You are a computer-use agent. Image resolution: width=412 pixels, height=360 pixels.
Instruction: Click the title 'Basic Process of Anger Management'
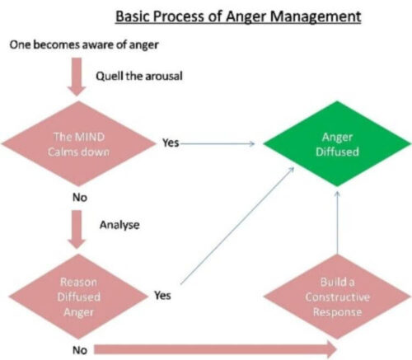[238, 16]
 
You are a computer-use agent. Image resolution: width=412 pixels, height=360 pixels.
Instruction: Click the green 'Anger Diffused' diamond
[335, 143]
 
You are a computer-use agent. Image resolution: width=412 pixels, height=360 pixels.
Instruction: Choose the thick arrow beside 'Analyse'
[75, 228]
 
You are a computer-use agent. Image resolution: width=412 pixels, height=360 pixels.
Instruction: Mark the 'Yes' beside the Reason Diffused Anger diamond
[162, 295]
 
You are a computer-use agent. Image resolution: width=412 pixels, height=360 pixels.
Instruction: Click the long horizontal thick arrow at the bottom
[214, 348]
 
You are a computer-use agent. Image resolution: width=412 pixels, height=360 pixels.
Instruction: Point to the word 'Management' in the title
[317, 16]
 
